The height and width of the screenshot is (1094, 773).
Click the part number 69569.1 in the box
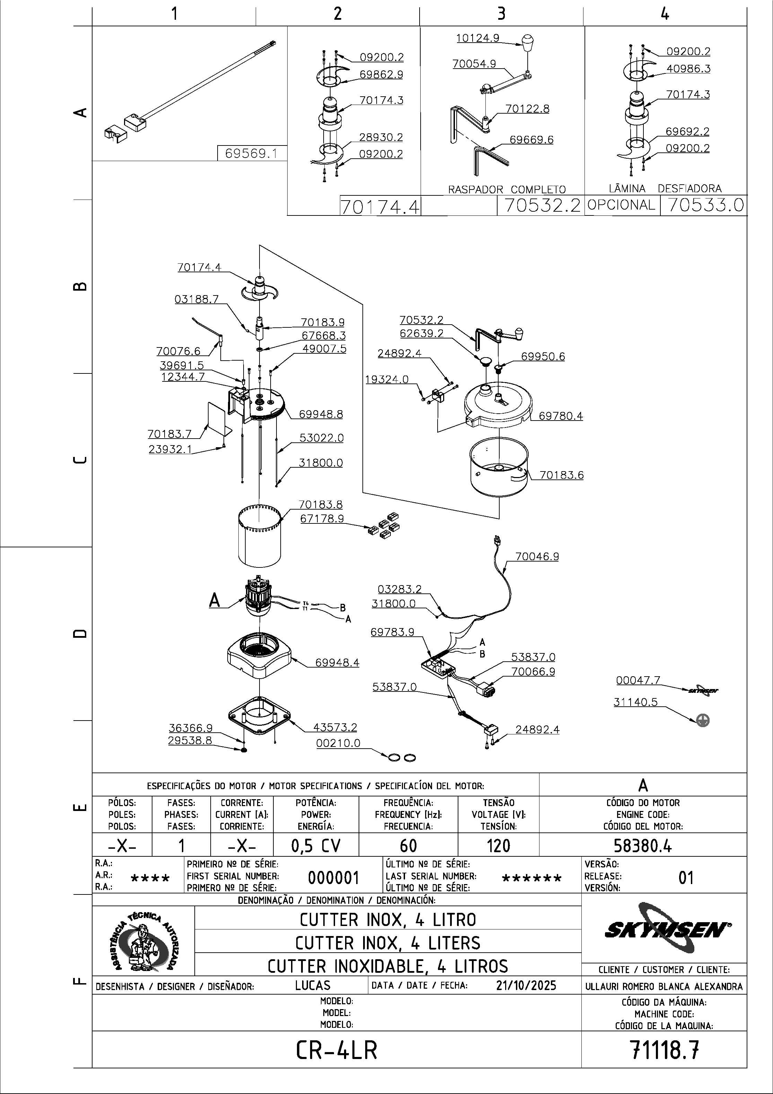pos(251,154)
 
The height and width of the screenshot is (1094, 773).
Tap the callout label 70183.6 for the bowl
pos(561,475)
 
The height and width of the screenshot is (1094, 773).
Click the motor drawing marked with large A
pos(259,598)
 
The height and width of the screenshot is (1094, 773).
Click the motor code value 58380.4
pos(642,845)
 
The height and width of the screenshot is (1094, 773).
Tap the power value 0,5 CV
pos(316,846)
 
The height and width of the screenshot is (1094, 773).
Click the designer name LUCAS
pos(313,985)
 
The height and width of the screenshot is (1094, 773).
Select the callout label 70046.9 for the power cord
pos(537,557)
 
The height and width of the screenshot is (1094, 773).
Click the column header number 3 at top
pos(501,14)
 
